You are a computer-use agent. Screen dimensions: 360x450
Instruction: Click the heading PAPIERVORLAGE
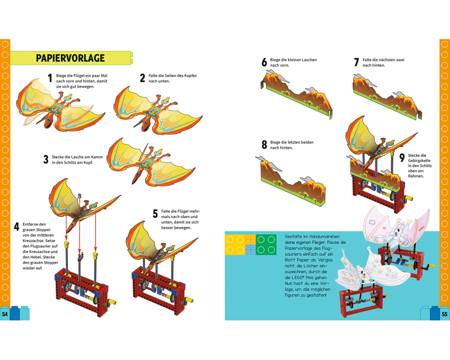(x=71, y=58)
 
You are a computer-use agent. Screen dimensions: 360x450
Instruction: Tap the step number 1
(x=49, y=81)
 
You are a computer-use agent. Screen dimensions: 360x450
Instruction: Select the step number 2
(x=142, y=78)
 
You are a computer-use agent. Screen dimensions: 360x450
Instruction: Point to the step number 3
(x=45, y=159)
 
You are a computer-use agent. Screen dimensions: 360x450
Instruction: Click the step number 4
(x=17, y=226)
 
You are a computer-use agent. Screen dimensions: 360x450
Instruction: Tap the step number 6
(x=264, y=62)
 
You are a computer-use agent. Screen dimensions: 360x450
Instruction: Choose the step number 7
(x=356, y=62)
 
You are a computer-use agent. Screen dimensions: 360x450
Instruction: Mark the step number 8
(x=264, y=145)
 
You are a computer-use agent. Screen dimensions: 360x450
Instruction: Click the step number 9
(x=402, y=158)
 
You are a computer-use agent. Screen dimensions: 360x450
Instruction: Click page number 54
(x=5, y=314)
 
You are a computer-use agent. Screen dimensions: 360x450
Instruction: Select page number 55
(x=445, y=314)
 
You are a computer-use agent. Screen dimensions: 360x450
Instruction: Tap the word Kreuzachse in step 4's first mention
(x=34, y=240)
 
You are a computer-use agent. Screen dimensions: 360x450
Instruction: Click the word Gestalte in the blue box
(x=295, y=236)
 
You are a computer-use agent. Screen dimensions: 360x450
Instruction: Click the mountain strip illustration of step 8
(x=288, y=183)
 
